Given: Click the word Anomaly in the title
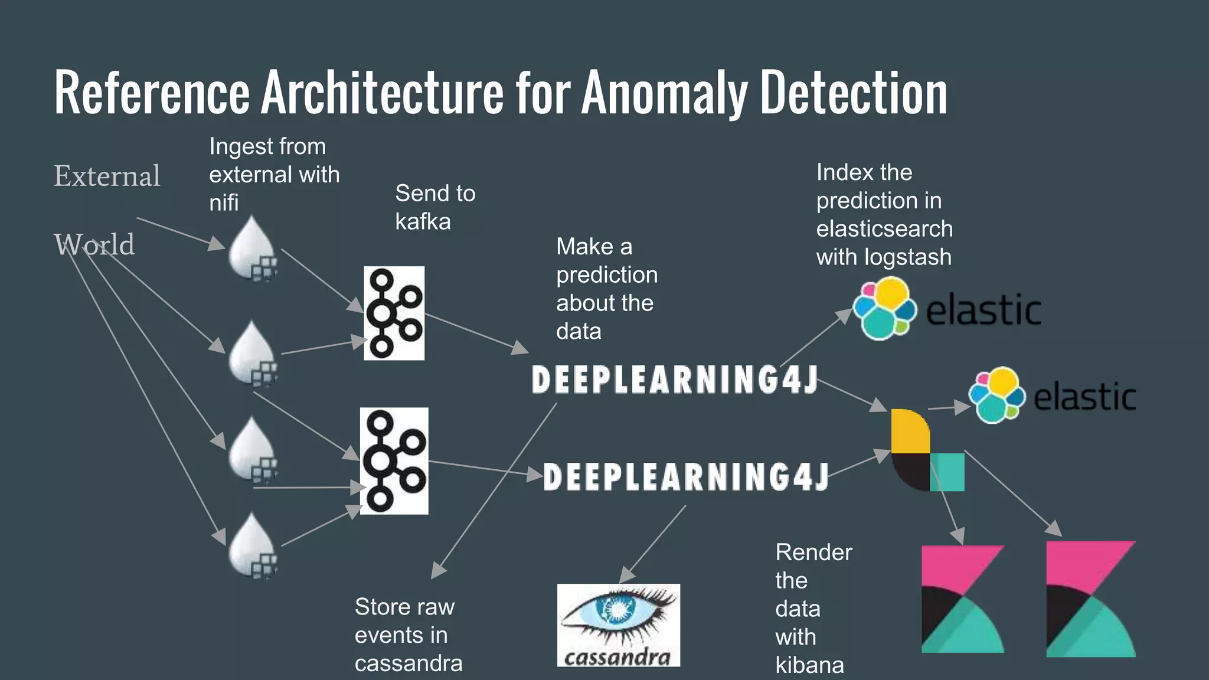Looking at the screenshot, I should coord(665,93).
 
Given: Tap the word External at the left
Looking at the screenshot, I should coord(107,176).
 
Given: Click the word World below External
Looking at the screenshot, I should coord(94,244).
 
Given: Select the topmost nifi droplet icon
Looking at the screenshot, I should coord(252,248).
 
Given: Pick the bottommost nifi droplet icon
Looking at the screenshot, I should coord(252,545).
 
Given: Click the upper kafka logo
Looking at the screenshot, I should coord(394,313).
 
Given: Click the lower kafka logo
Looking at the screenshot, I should coord(394,460).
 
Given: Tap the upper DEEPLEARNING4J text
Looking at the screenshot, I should coord(674,380).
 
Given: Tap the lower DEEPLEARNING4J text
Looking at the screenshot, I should coord(685,477).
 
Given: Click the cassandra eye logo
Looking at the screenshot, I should coord(618,617).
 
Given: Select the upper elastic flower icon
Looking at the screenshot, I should coord(884,309).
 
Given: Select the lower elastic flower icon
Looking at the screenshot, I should coord(996,395).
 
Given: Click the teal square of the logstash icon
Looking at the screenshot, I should coord(948,472).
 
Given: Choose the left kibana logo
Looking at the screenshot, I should coord(962,599).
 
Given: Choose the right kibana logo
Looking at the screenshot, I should coord(1090,599).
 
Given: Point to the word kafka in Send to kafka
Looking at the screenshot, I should coord(423,222).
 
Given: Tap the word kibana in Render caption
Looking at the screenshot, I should coord(809,665).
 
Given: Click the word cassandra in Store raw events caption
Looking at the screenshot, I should coord(409,663).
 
